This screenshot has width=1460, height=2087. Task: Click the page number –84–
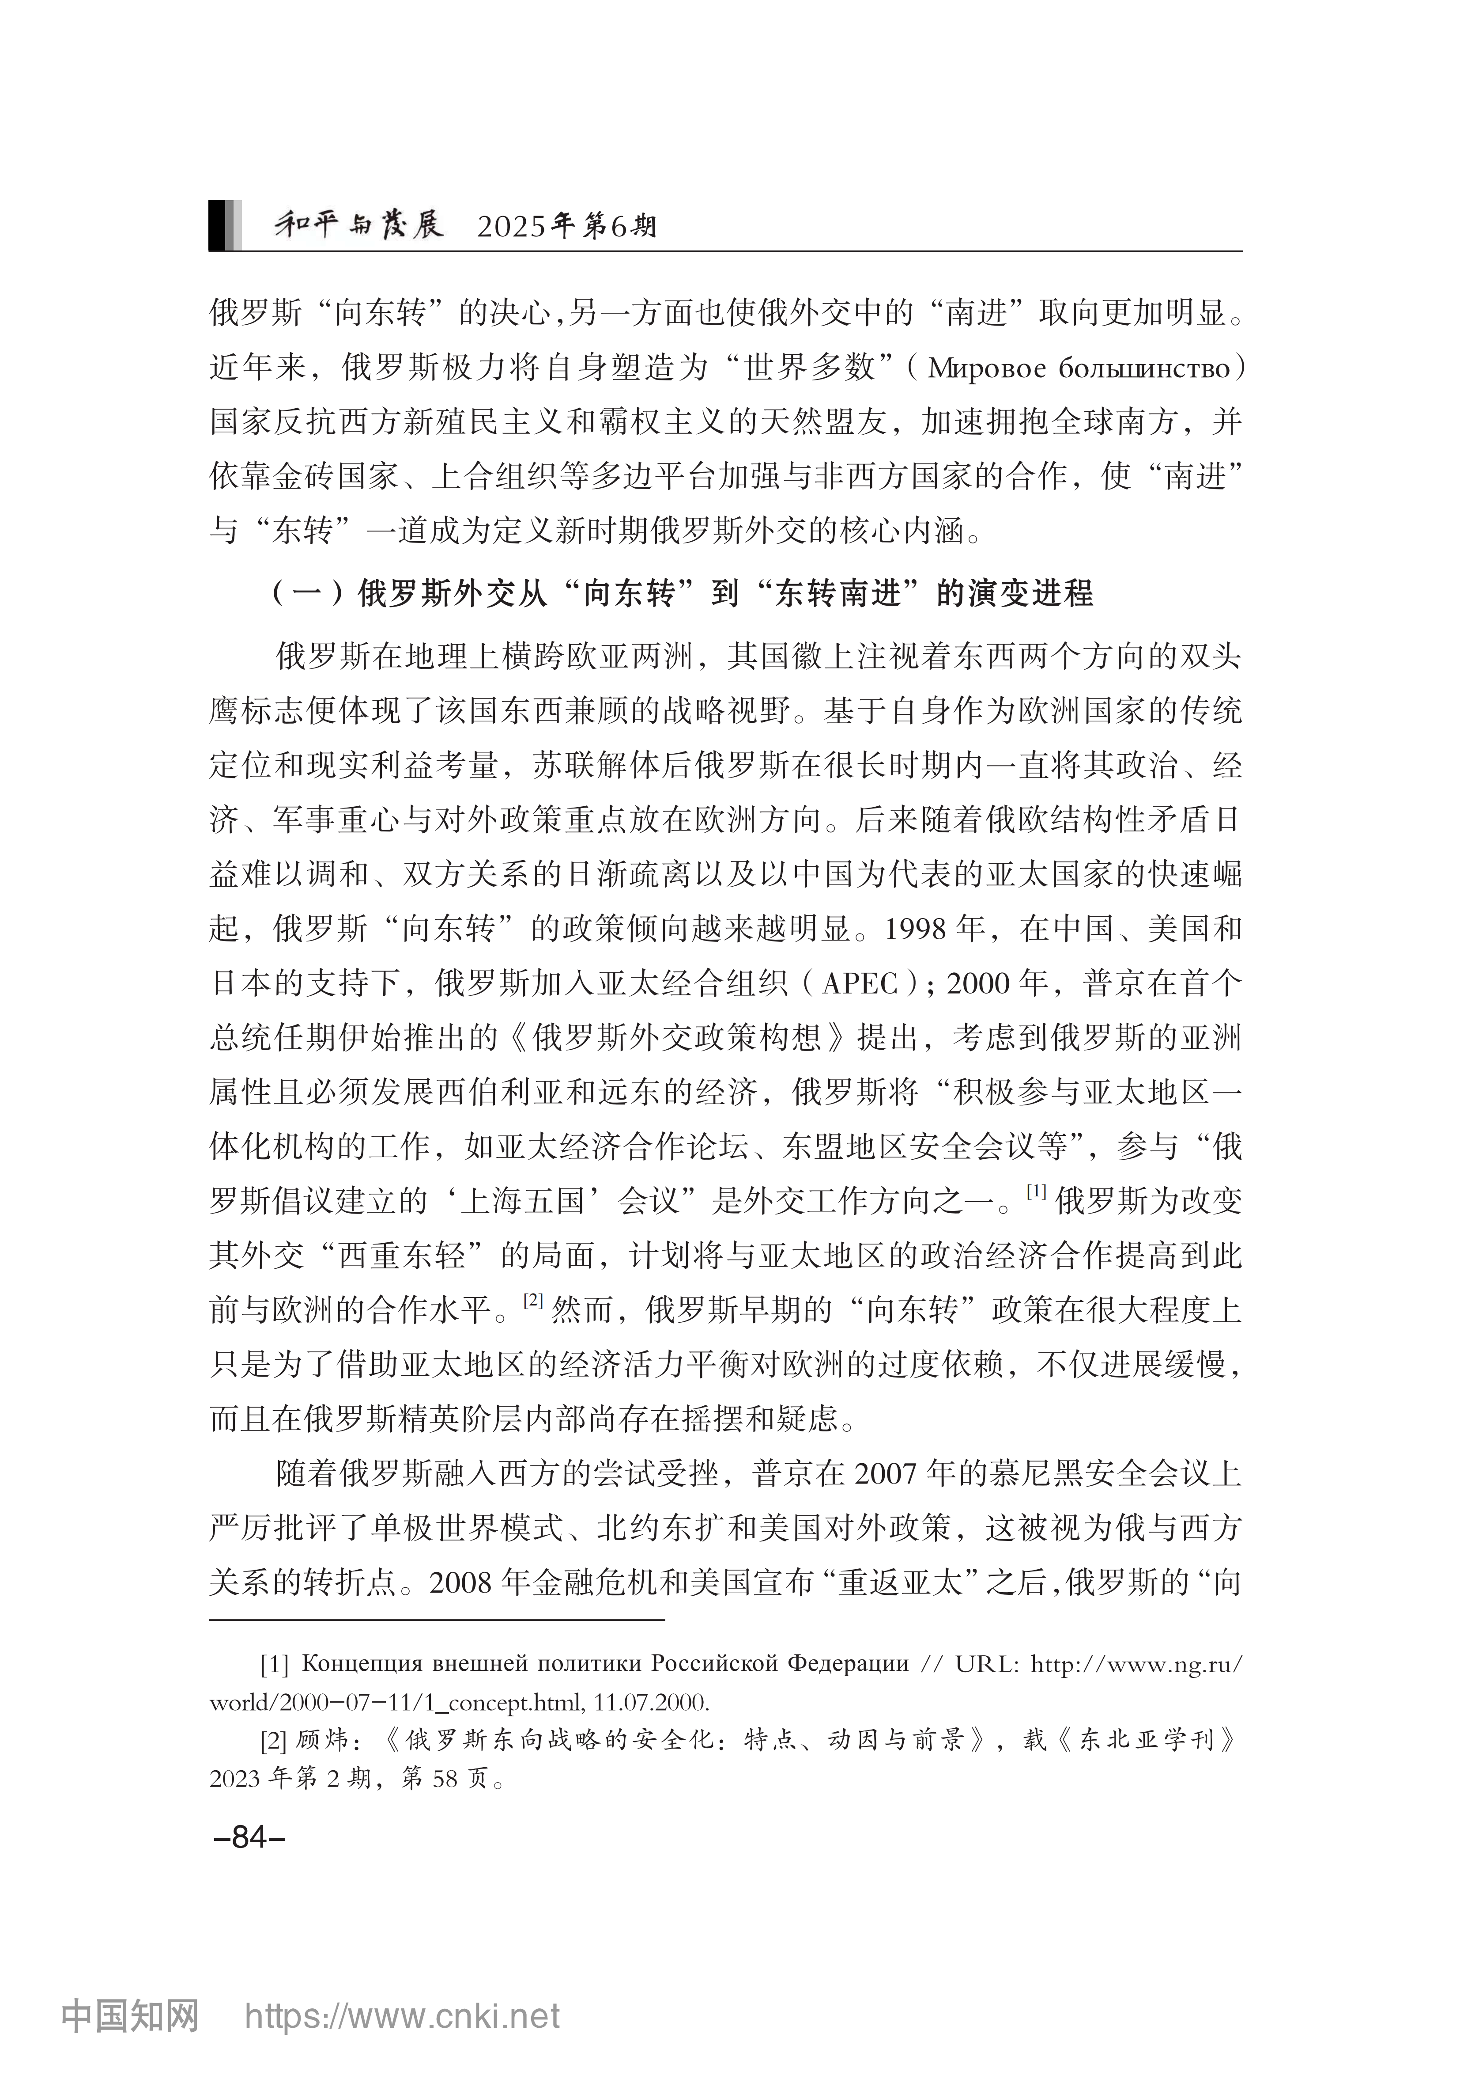(x=249, y=1837)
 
